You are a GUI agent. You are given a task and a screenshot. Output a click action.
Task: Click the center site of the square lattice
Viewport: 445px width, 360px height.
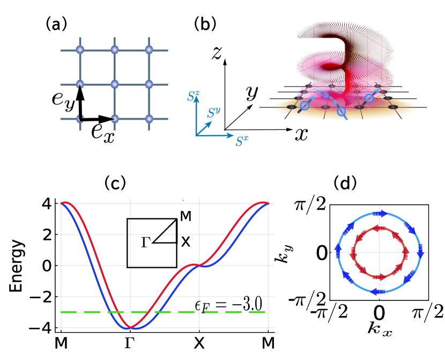(x=114, y=84)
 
